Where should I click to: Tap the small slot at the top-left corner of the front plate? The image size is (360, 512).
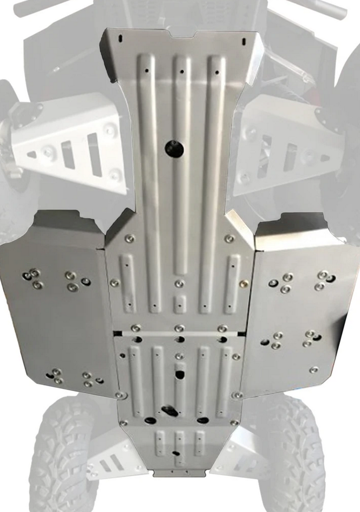[x=120, y=38]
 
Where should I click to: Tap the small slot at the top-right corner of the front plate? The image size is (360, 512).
[x=244, y=39]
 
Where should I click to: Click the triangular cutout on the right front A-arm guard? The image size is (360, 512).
[x=325, y=158]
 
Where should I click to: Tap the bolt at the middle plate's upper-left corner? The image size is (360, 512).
[x=130, y=239]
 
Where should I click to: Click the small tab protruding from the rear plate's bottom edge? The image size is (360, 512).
[x=179, y=473]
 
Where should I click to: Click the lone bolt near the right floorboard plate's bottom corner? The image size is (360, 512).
[x=314, y=370]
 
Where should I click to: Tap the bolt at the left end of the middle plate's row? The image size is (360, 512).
[x=115, y=283]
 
